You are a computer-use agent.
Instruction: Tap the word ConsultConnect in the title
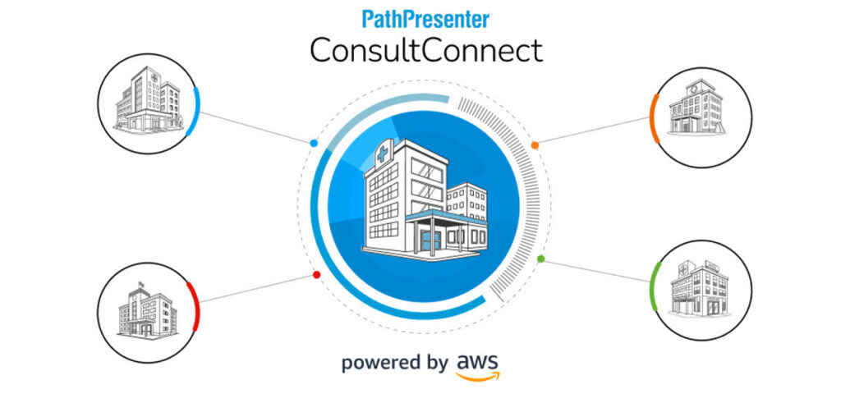click(x=426, y=52)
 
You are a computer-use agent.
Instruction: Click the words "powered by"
click(x=395, y=363)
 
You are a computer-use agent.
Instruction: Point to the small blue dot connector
click(x=314, y=144)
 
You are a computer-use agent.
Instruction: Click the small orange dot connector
click(x=535, y=144)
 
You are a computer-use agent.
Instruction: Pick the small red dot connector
click(x=316, y=274)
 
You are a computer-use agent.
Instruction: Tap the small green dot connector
click(x=540, y=259)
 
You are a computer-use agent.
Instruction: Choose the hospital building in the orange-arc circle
click(x=696, y=108)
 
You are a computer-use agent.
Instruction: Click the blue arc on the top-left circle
click(x=197, y=111)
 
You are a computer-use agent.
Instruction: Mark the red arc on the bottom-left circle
click(x=195, y=306)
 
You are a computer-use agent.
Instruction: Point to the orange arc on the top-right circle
click(x=654, y=119)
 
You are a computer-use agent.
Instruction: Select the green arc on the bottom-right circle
click(x=654, y=286)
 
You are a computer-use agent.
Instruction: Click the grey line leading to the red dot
click(x=256, y=289)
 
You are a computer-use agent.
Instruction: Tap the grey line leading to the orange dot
click(x=594, y=131)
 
